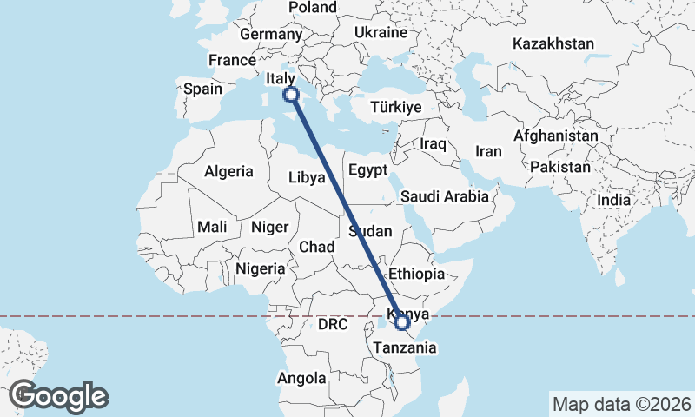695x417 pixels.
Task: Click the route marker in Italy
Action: (x=291, y=95)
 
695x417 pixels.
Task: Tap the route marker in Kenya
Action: (x=402, y=323)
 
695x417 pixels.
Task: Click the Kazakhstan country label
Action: (x=553, y=43)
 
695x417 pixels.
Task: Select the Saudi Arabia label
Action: (x=445, y=196)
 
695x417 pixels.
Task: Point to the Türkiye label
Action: (x=395, y=107)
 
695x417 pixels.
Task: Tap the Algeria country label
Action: (x=228, y=171)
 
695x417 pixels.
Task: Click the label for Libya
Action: (x=308, y=177)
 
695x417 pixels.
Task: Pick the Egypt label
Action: (x=367, y=170)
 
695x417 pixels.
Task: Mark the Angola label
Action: (x=301, y=378)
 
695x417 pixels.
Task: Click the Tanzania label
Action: (x=400, y=347)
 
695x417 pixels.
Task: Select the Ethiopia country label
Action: (x=417, y=274)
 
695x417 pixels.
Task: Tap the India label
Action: (x=613, y=200)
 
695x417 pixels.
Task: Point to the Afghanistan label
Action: (x=556, y=136)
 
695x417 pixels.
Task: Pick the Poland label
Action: (x=313, y=7)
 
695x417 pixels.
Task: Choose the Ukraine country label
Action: (x=381, y=32)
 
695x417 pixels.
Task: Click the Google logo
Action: (x=58, y=396)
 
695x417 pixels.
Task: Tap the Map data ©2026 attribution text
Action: (x=621, y=404)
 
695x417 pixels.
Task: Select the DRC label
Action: (x=332, y=325)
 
